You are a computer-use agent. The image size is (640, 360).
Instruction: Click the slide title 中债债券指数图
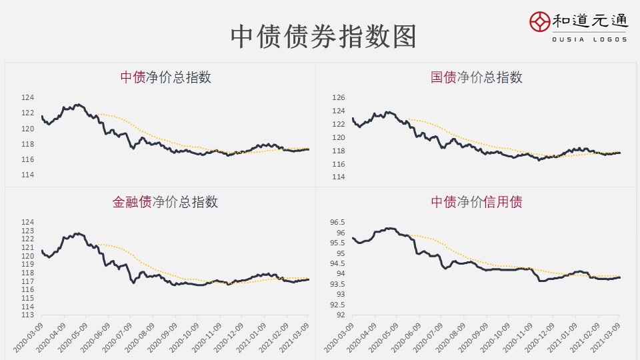point(323,37)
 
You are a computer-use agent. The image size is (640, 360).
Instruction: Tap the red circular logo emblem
point(541,22)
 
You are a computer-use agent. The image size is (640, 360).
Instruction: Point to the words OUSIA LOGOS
point(589,39)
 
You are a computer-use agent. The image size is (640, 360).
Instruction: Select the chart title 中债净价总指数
point(165,77)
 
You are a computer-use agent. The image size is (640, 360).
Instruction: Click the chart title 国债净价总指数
point(476,77)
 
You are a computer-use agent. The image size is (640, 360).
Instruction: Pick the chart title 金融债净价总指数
point(165,202)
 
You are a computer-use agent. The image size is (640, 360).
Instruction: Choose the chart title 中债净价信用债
point(476,202)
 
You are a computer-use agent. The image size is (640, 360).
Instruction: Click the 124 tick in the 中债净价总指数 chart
point(27,97)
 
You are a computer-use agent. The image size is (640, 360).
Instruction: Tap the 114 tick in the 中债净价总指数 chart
point(27,175)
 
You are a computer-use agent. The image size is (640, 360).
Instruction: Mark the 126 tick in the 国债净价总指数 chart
point(339,98)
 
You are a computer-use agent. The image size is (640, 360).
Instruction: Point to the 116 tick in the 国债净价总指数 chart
point(339,164)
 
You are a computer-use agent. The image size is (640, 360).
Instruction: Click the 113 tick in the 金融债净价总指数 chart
point(27,315)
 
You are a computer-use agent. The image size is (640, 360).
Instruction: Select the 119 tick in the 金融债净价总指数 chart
point(27,265)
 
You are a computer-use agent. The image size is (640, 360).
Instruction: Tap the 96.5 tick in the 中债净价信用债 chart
point(337,222)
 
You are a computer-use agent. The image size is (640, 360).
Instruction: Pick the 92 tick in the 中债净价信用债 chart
point(340,315)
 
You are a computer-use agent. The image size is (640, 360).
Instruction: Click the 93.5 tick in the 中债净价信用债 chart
point(337,284)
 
